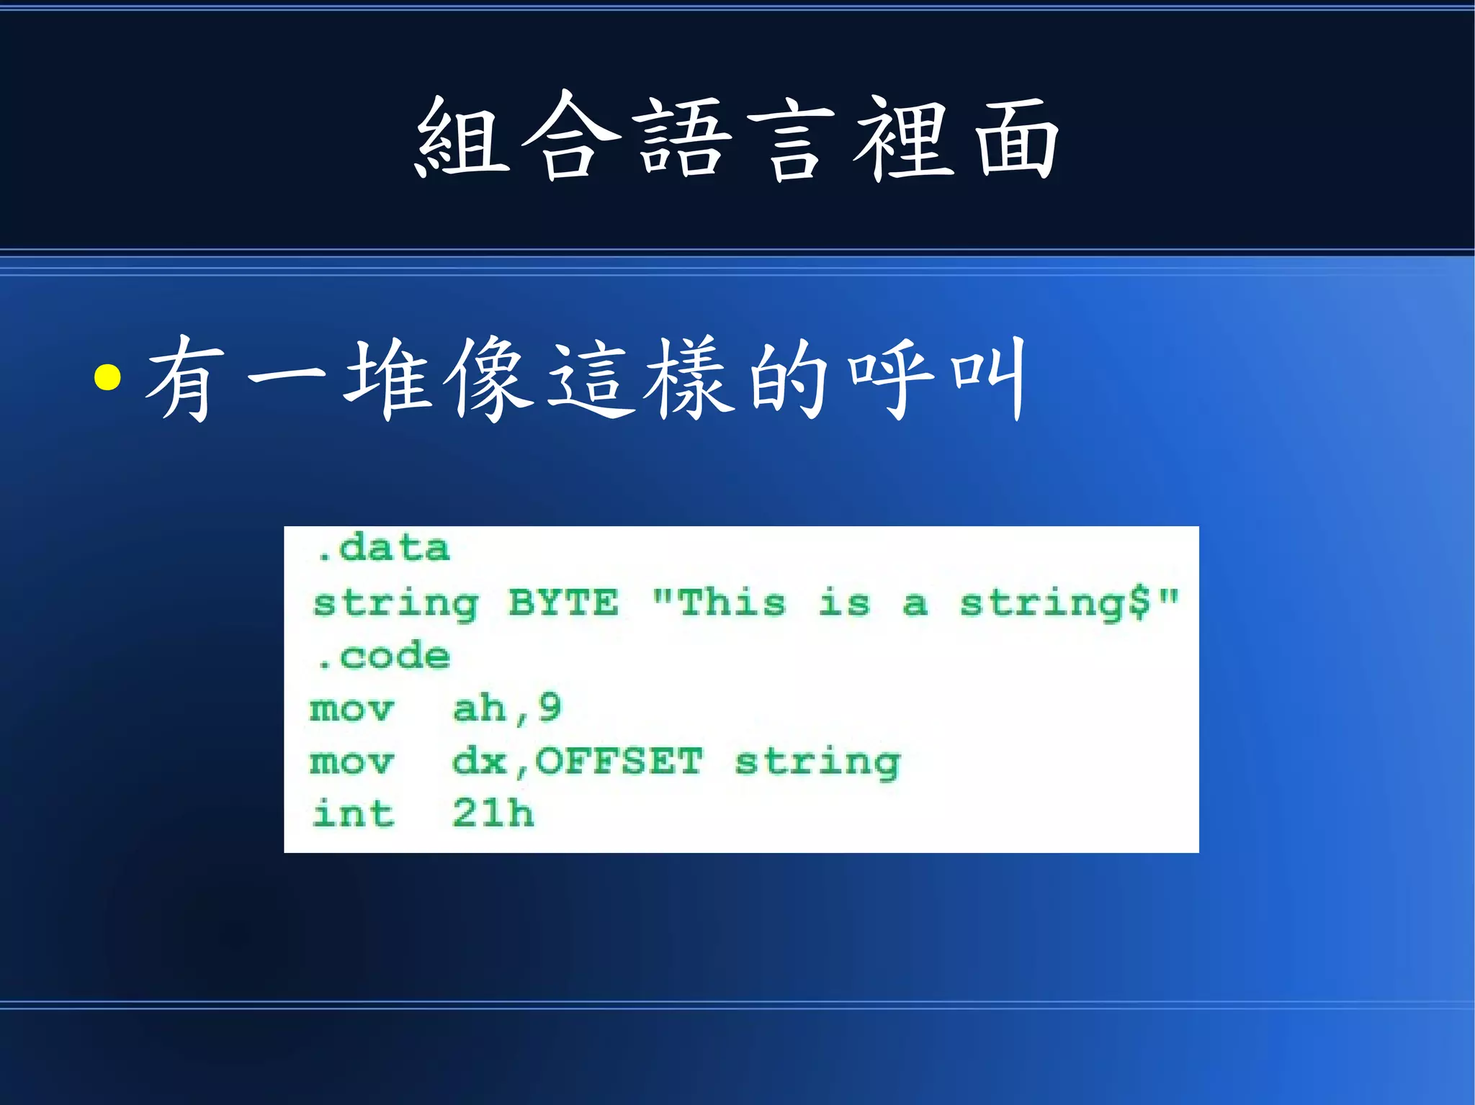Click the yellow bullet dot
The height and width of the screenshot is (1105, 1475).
[107, 376]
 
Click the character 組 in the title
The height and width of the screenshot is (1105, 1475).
[464, 137]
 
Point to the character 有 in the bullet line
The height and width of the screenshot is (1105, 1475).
[184, 378]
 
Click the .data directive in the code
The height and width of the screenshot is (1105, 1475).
[383, 549]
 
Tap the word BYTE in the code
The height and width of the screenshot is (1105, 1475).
[563, 603]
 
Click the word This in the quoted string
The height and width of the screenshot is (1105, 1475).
[731, 603]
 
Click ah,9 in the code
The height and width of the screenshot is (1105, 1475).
[507, 709]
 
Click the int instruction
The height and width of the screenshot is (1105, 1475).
[354, 814]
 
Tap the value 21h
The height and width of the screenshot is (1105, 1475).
[493, 814]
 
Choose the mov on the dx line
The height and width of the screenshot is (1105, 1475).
[352, 762]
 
